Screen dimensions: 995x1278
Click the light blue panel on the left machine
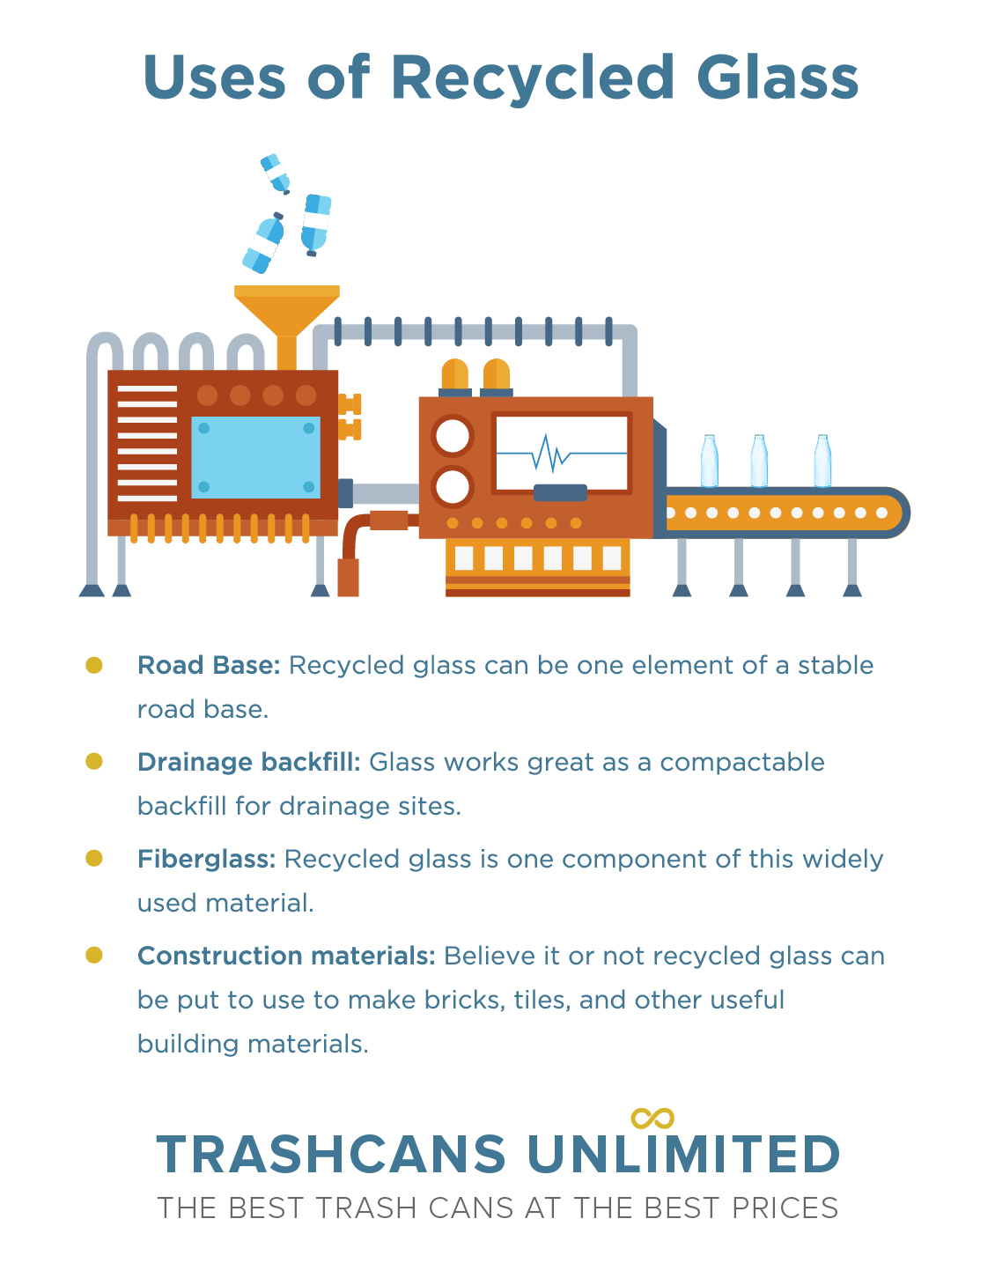(x=255, y=458)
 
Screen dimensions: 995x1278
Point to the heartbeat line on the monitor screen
(x=562, y=454)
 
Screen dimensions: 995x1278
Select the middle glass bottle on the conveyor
(x=759, y=462)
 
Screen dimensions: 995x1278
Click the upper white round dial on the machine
(x=453, y=436)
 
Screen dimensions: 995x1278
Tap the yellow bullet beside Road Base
(x=94, y=665)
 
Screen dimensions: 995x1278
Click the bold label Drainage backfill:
(x=248, y=762)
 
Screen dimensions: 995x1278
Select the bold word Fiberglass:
(x=206, y=860)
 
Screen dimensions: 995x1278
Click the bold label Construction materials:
(x=286, y=956)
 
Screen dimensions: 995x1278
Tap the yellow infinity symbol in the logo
(x=652, y=1119)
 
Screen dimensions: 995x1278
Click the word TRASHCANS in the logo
(x=331, y=1155)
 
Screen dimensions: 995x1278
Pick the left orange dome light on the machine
(x=455, y=374)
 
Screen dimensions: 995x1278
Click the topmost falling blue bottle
(x=275, y=174)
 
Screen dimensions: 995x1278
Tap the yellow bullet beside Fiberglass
(x=94, y=858)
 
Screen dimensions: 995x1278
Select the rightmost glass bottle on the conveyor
(x=822, y=462)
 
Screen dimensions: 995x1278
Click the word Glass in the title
(x=778, y=77)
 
